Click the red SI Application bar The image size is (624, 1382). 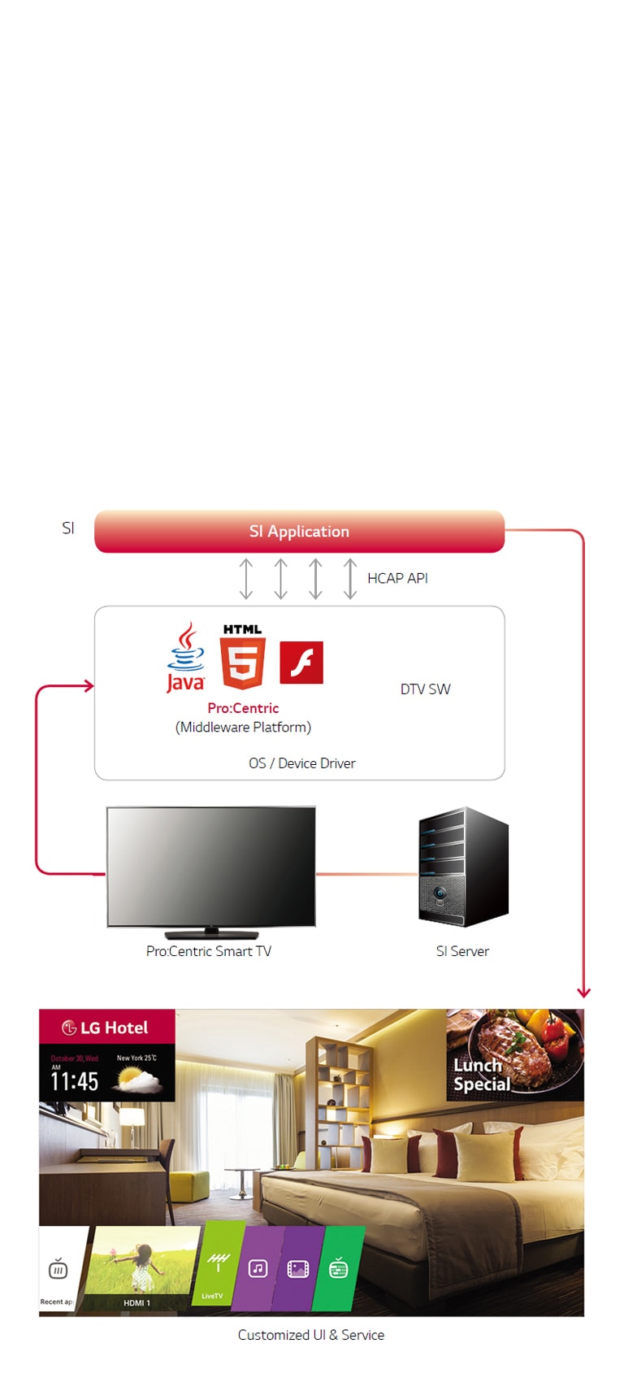[299, 532]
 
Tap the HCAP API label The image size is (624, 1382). [397, 578]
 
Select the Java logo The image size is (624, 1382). [186, 658]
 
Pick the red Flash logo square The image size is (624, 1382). [301, 663]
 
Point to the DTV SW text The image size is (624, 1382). [425, 689]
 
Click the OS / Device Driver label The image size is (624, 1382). [302, 763]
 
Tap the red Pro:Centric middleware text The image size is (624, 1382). [243, 708]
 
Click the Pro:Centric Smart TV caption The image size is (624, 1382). [209, 951]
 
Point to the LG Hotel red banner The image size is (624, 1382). [106, 1028]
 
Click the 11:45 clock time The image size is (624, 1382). [75, 1082]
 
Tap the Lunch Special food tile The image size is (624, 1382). [514, 1055]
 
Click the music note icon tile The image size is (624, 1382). [258, 1269]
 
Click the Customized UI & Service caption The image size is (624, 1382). [311, 1335]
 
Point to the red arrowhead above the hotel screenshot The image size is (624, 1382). [583, 992]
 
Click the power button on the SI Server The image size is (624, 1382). [440, 893]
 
